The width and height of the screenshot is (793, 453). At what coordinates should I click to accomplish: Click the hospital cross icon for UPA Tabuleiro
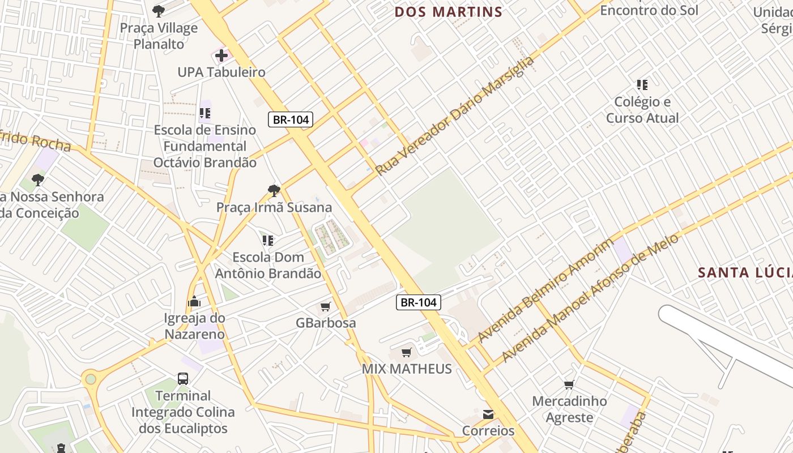coord(221,55)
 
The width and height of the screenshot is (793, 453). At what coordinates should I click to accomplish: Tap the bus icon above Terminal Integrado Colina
coord(183,379)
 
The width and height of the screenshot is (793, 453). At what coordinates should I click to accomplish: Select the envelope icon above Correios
coord(488,414)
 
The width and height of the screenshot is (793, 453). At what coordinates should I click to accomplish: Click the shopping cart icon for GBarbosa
coord(326,307)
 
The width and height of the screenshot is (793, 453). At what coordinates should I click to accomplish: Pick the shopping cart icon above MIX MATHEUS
coord(407,353)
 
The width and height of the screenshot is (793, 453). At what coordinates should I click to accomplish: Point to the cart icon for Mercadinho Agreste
coord(569,385)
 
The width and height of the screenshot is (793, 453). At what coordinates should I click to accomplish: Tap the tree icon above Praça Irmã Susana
coord(274,190)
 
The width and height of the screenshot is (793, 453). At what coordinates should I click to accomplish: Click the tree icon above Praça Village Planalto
coord(159,11)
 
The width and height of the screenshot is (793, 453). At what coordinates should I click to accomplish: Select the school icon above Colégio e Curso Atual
coord(642,85)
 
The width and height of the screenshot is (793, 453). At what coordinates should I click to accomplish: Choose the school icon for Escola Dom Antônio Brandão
coord(268,241)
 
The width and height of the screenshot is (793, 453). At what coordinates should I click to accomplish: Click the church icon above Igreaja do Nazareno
coord(194,301)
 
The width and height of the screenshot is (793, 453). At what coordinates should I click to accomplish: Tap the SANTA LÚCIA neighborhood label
coord(744,272)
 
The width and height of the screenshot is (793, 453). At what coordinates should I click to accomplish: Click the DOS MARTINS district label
coord(448,12)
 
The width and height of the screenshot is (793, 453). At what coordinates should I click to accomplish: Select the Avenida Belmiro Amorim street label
coord(545,291)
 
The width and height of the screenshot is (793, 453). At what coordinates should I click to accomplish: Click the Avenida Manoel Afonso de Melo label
coord(589,298)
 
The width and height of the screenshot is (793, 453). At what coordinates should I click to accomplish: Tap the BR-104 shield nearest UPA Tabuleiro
coord(290,119)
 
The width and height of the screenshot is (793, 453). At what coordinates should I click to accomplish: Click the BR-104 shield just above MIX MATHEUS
coord(418,302)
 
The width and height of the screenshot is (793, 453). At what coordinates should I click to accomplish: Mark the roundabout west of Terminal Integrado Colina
coord(89,379)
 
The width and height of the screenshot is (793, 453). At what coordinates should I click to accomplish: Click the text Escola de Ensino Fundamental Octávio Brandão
coord(205,146)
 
